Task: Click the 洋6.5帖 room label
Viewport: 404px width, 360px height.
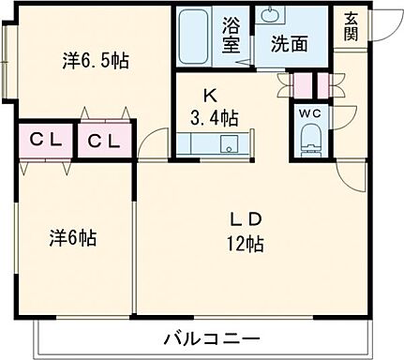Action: (x=96, y=61)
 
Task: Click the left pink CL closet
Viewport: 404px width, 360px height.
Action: (x=44, y=142)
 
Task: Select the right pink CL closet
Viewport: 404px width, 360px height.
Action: (x=104, y=142)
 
